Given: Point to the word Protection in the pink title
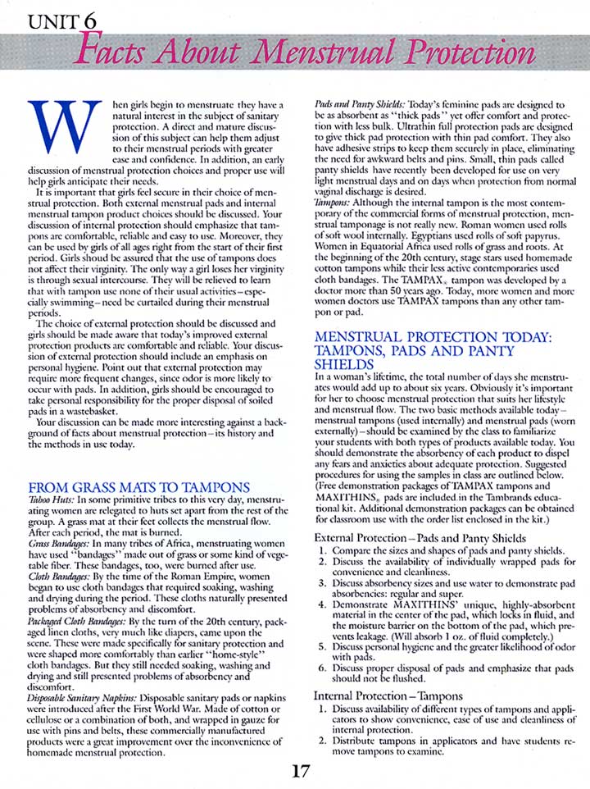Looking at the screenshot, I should [468, 54].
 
